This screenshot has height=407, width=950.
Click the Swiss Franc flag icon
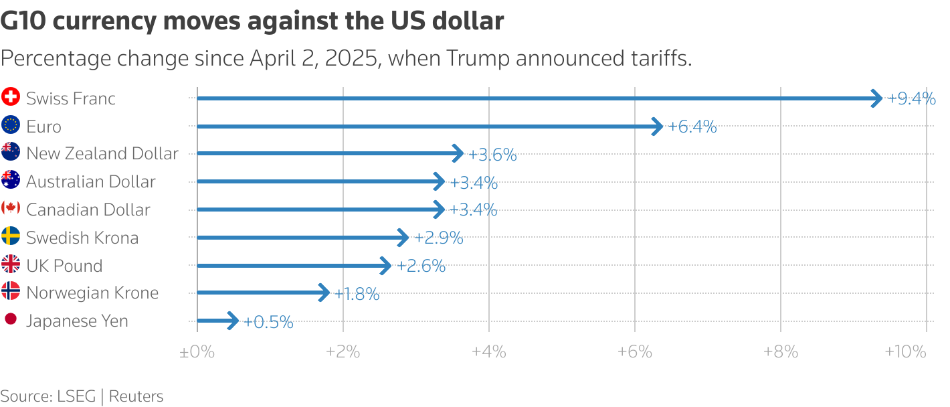[x=11, y=98]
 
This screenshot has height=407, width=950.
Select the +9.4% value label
[x=911, y=98]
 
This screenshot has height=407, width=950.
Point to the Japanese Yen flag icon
[x=11, y=320]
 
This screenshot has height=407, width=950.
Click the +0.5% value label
[x=268, y=322]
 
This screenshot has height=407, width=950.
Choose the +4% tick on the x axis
[x=488, y=351]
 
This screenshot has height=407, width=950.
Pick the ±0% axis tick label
[x=197, y=351]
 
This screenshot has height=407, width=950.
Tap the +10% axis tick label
[x=905, y=351]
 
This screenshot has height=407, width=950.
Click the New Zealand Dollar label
[x=102, y=153]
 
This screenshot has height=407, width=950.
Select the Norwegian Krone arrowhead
[x=325, y=293]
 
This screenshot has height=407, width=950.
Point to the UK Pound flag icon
[x=11, y=264]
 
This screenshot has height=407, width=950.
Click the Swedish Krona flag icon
[x=11, y=236]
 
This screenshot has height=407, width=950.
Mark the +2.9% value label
[x=439, y=238]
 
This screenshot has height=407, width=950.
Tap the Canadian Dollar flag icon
[x=11, y=208]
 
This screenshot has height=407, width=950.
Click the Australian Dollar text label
[x=91, y=181]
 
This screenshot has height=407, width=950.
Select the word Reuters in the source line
[x=136, y=396]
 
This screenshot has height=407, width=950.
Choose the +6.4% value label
[x=692, y=127]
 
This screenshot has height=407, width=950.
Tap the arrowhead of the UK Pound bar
[x=387, y=266]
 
